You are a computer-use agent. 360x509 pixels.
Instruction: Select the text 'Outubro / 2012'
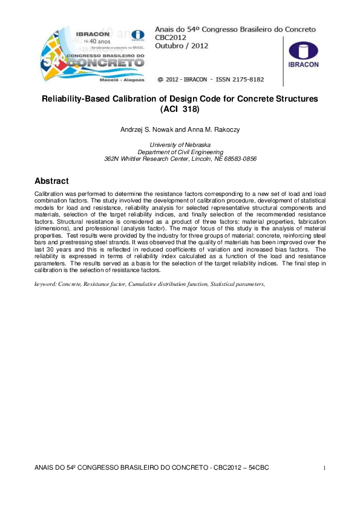182,45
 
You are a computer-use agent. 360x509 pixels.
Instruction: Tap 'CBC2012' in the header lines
174,36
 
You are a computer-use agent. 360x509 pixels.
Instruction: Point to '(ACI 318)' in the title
180,109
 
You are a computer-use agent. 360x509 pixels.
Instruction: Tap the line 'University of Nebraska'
180,146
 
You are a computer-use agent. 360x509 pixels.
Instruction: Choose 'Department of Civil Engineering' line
180,152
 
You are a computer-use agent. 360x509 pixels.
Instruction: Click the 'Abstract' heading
52,181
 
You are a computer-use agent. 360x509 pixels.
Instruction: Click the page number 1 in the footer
325,468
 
